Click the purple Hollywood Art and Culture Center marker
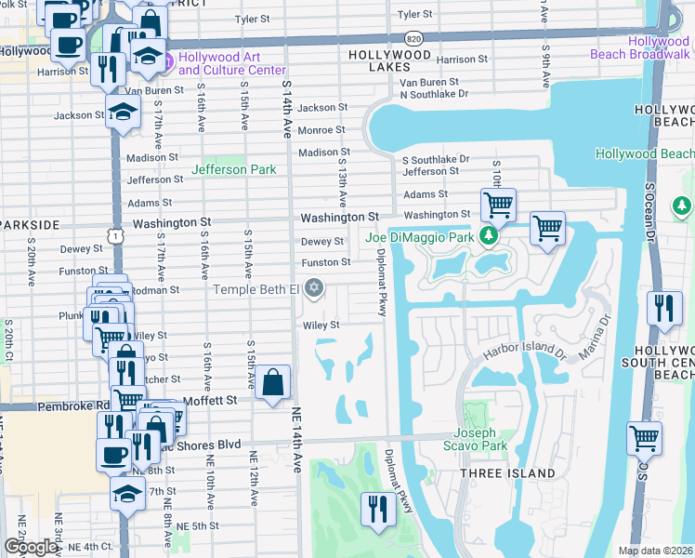tap(168, 62)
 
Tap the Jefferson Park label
tap(232, 169)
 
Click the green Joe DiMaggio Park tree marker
tap(486, 237)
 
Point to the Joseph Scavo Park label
tap(480, 440)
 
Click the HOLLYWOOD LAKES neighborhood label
tap(390, 56)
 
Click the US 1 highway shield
tap(115, 237)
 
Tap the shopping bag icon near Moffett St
tap(272, 382)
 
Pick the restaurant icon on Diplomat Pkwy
tap(377, 509)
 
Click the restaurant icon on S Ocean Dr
tap(663, 308)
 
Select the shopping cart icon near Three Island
tap(644, 436)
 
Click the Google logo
tap(30, 546)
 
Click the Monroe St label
tap(321, 130)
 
